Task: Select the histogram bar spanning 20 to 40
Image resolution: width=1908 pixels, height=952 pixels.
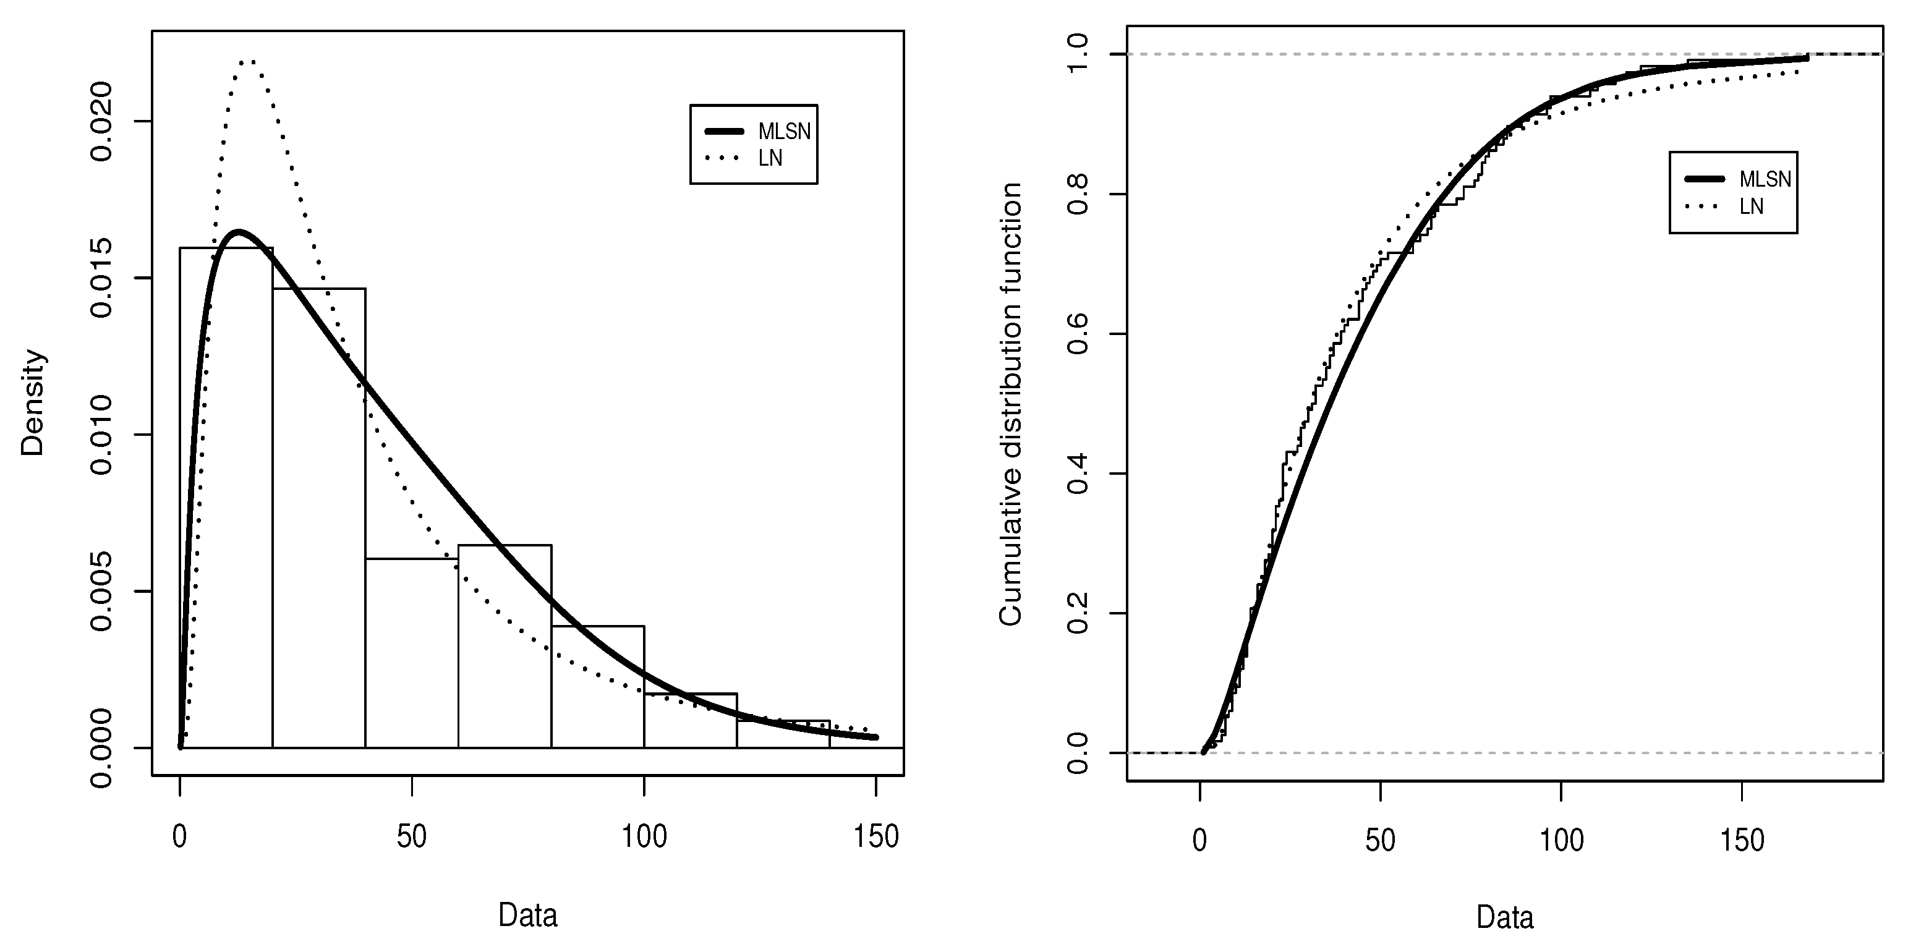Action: point(318,519)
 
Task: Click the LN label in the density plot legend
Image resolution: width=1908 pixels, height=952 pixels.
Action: point(770,158)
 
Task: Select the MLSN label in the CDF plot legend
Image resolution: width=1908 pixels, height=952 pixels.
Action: point(1765,179)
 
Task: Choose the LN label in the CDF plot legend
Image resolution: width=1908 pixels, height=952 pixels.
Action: point(1751,206)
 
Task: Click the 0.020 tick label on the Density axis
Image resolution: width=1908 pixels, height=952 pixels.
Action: point(101,122)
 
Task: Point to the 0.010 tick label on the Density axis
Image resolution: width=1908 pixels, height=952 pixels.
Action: point(101,435)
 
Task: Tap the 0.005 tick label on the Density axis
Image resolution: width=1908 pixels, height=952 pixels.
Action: point(101,591)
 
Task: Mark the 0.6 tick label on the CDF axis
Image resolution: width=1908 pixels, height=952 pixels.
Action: point(1078,334)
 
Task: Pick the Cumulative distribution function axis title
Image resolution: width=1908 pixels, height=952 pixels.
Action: point(1011,404)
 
